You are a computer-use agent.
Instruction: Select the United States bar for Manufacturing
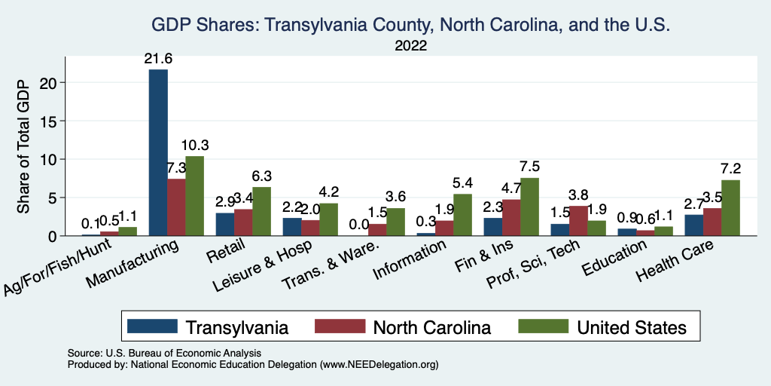[x=194, y=196]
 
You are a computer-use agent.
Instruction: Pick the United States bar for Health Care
[x=730, y=207]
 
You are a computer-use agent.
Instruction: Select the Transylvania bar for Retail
[x=224, y=225]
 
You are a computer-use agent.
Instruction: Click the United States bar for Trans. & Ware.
[x=395, y=222]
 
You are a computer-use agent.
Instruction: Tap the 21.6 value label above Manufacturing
[x=157, y=57]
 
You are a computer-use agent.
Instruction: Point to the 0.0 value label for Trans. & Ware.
[x=359, y=224]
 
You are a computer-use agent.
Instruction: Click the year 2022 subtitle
[x=410, y=46]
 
